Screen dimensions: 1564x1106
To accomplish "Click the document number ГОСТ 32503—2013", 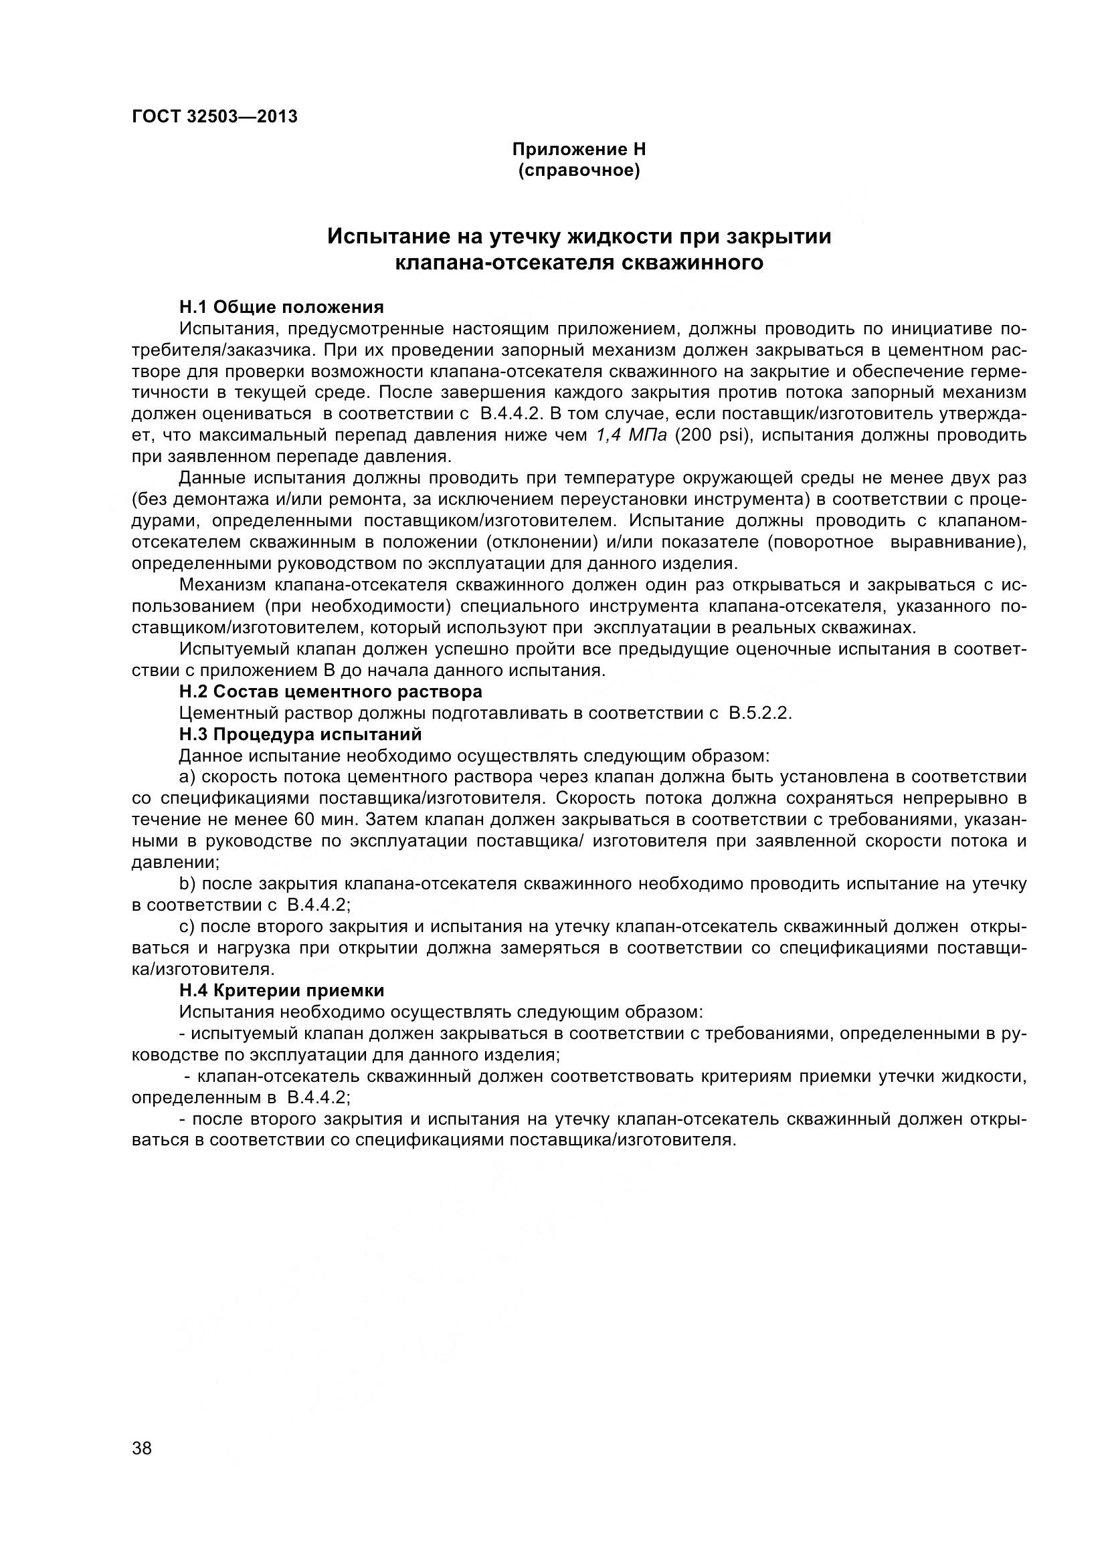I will click(x=215, y=116).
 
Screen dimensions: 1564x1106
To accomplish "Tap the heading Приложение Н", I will click(x=579, y=149).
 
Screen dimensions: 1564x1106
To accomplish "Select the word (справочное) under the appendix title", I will click(x=579, y=171).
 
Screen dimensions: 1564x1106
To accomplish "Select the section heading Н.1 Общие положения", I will click(x=282, y=306).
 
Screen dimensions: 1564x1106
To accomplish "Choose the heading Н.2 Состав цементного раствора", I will click(x=331, y=691).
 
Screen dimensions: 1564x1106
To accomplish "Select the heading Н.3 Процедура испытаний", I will click(x=300, y=734).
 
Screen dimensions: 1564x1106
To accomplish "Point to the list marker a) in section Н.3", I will click(x=187, y=777).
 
